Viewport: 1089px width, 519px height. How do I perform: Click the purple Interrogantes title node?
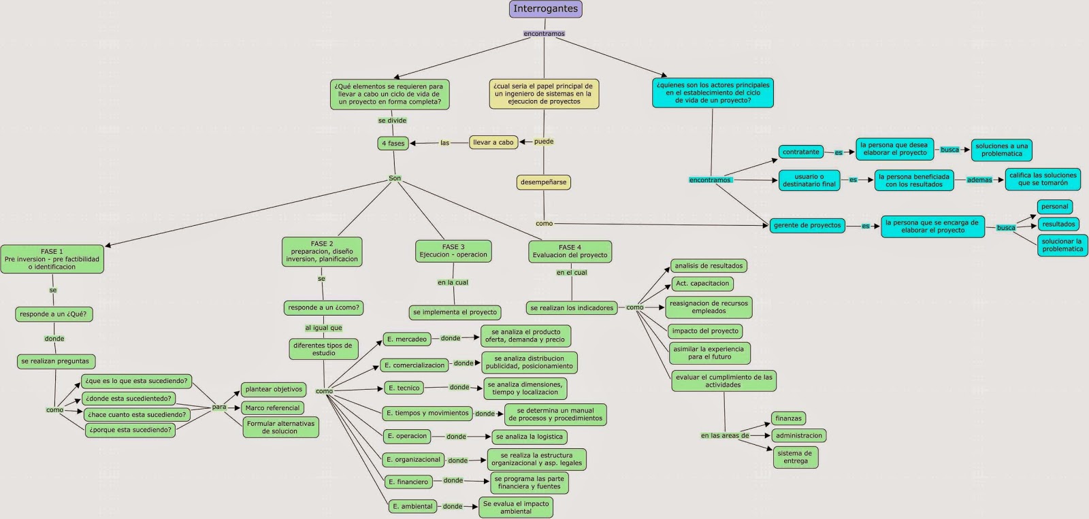pyautogui.click(x=545, y=10)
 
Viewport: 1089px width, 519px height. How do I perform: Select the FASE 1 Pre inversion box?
pyautogui.click(x=52, y=259)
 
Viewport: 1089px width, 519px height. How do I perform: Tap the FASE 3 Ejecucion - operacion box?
pyautogui.click(x=453, y=251)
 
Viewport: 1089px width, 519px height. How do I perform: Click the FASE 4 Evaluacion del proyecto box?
pyautogui.click(x=570, y=251)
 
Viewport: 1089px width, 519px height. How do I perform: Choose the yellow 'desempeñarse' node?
pyautogui.click(x=543, y=182)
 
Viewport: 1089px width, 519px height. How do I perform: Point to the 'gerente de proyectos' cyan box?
pyautogui.click(x=807, y=225)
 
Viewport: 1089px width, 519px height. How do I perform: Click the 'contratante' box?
pyautogui.click(x=800, y=152)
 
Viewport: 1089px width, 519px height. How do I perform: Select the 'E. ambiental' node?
pyautogui.click(x=412, y=506)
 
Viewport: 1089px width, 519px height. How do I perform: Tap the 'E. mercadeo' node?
pyautogui.click(x=406, y=339)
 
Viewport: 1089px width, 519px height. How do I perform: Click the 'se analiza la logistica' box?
pyautogui.click(x=529, y=437)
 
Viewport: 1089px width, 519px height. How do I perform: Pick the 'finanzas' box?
pyautogui.click(x=788, y=418)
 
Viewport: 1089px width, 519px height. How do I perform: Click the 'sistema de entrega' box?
pyautogui.click(x=795, y=457)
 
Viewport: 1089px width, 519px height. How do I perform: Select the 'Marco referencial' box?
pyautogui.click(x=272, y=408)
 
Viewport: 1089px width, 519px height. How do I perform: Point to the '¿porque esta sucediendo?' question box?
pyautogui.click(x=130, y=430)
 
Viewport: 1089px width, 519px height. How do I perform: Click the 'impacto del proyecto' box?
pyautogui.click(x=705, y=331)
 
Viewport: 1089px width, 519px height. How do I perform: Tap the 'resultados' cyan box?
pyautogui.click(x=1058, y=224)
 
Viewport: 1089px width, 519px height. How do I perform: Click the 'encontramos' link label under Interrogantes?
pyautogui.click(x=544, y=33)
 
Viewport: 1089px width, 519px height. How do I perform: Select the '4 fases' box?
pyautogui.click(x=393, y=144)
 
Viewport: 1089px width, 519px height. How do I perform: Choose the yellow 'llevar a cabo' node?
pyautogui.click(x=493, y=142)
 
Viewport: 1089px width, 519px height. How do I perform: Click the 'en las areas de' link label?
pyautogui.click(x=724, y=435)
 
